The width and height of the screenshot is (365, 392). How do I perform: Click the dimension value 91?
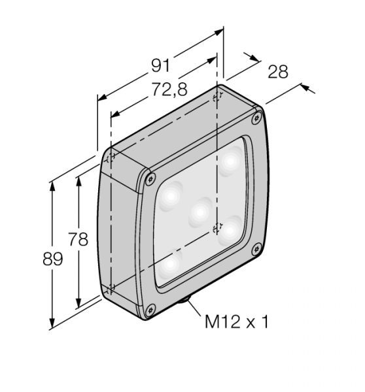pos(160,66)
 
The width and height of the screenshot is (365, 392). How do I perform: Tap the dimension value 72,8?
pos(169,90)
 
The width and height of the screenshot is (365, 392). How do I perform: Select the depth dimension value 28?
pos(278,72)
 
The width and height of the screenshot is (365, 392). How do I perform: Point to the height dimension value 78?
pos(78,239)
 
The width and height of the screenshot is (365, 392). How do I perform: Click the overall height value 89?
pos(52,259)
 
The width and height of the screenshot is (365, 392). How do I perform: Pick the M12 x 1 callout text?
pos(237,321)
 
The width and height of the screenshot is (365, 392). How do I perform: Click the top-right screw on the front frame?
pos(256,118)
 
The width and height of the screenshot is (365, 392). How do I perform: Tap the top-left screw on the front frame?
pos(150,179)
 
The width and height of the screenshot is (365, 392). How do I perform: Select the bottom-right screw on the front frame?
pos(256,250)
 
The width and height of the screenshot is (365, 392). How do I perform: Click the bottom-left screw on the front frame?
pos(150,310)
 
